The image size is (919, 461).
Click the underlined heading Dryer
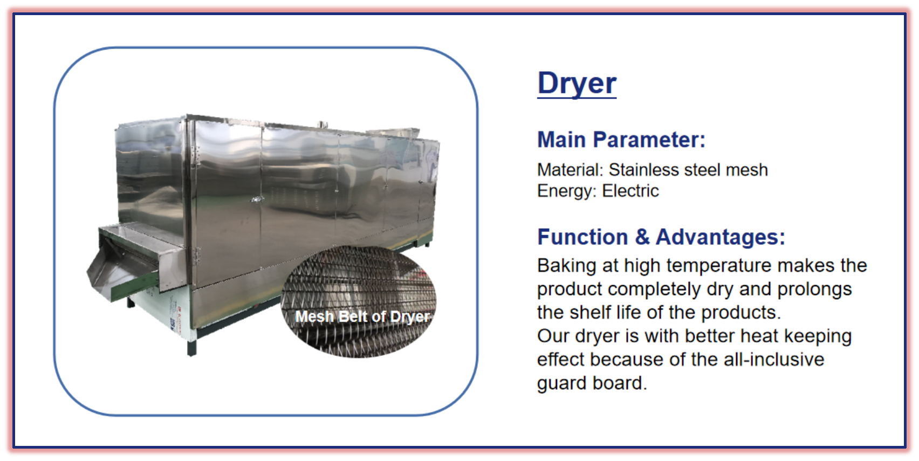pos(577,83)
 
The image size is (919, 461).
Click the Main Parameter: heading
pos(621,140)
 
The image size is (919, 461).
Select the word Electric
pos(630,191)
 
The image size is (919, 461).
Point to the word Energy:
pos(567,191)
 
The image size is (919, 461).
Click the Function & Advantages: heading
pos(661,237)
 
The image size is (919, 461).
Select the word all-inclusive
pos(774,360)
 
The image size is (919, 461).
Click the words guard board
pos(592,383)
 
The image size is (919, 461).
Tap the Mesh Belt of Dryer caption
pos(362,316)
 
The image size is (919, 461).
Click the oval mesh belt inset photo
pos(358,301)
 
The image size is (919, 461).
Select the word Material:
pos(570,169)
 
